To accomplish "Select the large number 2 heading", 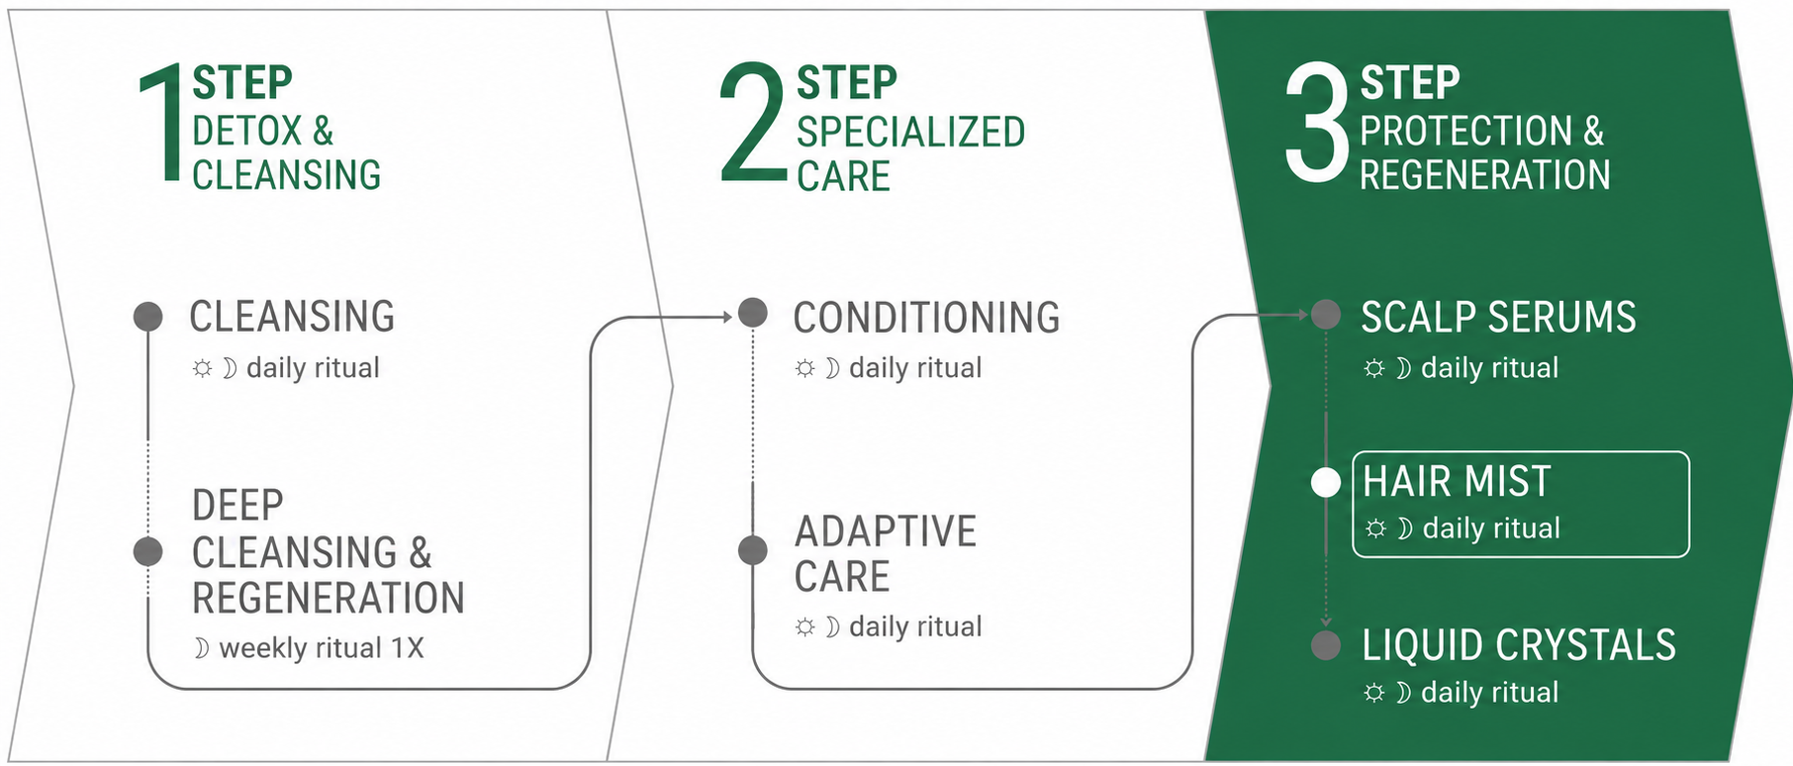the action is pyautogui.click(x=754, y=124).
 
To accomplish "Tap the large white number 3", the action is pyautogui.click(x=1317, y=124).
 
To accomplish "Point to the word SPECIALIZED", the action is pyautogui.click(x=910, y=133).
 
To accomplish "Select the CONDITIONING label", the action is pyautogui.click(x=926, y=318).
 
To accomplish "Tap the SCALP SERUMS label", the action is pyautogui.click(x=1498, y=318).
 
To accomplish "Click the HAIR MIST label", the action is pyautogui.click(x=1457, y=482).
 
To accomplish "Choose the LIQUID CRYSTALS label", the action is pyautogui.click(x=1519, y=645).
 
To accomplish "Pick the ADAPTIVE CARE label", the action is pyautogui.click(x=886, y=554).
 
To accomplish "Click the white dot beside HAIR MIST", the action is pyautogui.click(x=1326, y=483).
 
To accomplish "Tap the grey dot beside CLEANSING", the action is pyautogui.click(x=148, y=317).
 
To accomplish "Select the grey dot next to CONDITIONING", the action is pyautogui.click(x=753, y=313).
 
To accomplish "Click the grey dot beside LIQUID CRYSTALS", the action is pyautogui.click(x=1326, y=645).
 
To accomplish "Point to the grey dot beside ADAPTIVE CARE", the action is pyautogui.click(x=753, y=550).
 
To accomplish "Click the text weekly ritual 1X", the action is pyautogui.click(x=322, y=648).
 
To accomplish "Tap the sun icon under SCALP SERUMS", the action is pyautogui.click(x=1374, y=369).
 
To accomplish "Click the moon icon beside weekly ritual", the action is pyautogui.click(x=202, y=649).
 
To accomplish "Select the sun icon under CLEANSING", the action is pyautogui.click(x=202, y=369).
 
